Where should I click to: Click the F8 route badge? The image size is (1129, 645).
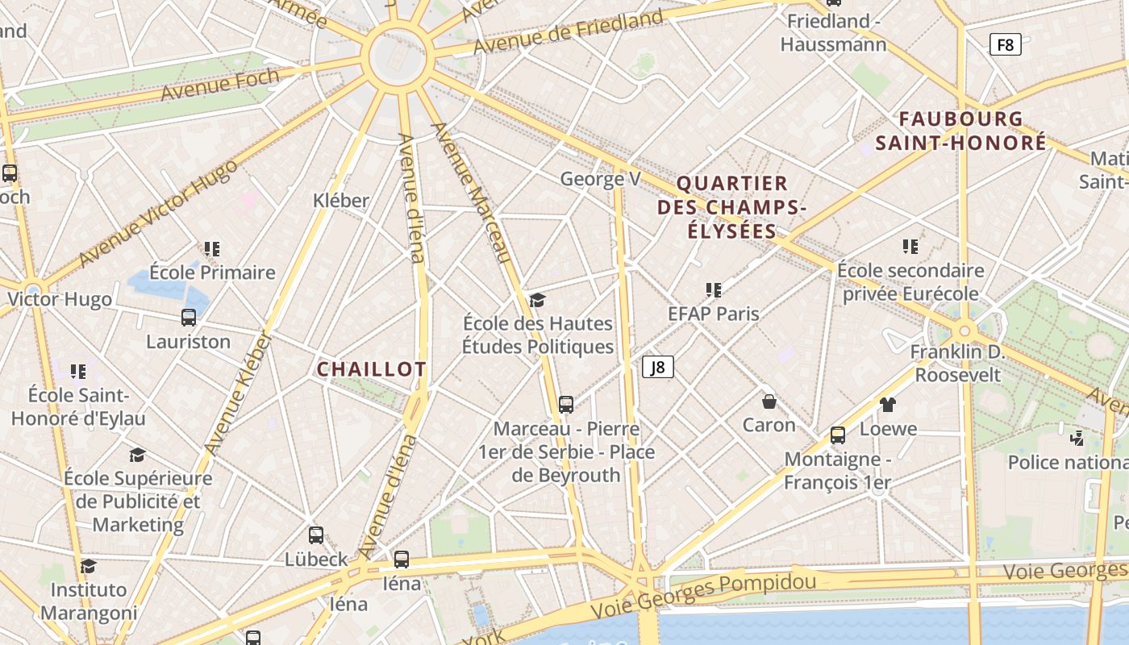(x=1005, y=44)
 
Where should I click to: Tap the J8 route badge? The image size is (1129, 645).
(x=658, y=368)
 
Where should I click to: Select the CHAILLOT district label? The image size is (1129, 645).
(x=371, y=369)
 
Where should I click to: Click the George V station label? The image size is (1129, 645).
(x=600, y=179)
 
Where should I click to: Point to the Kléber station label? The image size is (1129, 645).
(x=341, y=200)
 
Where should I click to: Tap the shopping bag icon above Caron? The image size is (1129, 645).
(x=769, y=401)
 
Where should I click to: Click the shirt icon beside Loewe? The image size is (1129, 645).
(x=887, y=405)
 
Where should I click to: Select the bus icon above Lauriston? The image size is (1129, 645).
(x=189, y=318)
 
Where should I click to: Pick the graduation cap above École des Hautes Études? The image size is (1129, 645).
(x=537, y=300)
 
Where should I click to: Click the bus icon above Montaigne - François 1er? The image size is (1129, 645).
(x=838, y=435)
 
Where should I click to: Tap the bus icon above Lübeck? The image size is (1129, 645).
(x=316, y=535)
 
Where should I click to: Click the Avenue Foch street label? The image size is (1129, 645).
(x=220, y=85)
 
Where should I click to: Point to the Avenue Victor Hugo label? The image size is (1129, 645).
(x=159, y=214)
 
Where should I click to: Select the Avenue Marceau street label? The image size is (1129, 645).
(x=473, y=193)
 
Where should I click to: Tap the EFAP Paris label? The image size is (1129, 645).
(x=714, y=313)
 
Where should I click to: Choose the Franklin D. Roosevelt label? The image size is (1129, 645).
(x=956, y=363)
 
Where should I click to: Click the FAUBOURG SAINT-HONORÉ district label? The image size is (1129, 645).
(x=961, y=131)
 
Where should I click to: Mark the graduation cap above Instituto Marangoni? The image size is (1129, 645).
(x=89, y=566)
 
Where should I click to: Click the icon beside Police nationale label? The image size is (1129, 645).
(x=1077, y=438)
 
